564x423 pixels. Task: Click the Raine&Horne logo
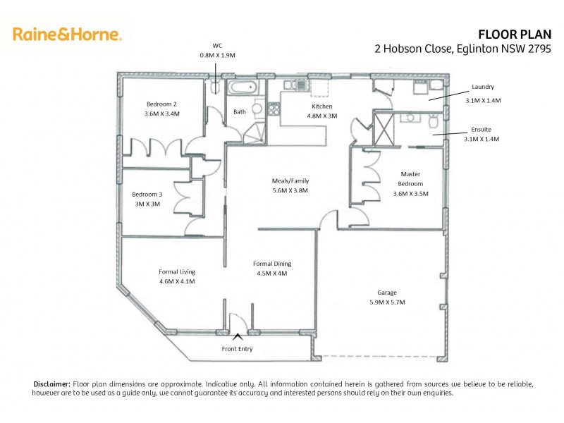tap(67, 34)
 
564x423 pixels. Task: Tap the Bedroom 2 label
tap(161, 104)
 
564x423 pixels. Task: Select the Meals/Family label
tap(290, 180)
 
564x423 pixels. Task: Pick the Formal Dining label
tap(270, 264)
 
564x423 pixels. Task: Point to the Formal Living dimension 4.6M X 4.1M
tap(177, 281)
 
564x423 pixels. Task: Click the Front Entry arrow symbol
tap(238, 337)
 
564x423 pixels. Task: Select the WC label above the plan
tap(217, 44)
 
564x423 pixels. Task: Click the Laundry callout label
tap(483, 87)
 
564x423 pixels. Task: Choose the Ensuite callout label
tap(482, 130)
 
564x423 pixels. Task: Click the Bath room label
tap(240, 111)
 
